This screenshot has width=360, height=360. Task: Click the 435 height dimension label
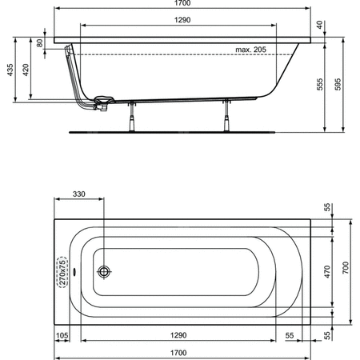(10, 70)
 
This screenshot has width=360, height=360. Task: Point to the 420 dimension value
(26, 70)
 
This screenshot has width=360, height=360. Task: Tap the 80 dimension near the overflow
(39, 43)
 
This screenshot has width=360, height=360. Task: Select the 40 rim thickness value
(319, 25)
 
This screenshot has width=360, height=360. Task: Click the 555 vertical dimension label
(320, 84)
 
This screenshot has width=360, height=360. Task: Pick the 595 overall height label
(338, 84)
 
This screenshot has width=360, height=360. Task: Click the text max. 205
(250, 50)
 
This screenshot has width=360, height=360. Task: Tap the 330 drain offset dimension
(79, 194)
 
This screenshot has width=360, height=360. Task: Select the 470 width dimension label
(327, 272)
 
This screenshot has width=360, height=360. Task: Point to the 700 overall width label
(346, 268)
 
